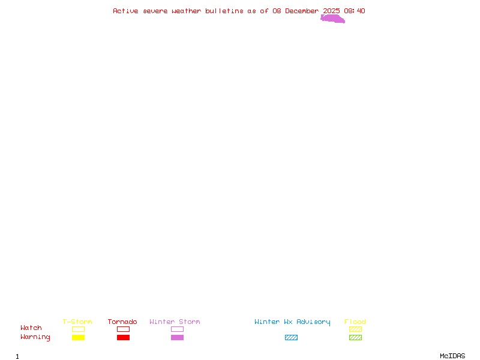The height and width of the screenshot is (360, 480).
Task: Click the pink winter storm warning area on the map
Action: point(332,19)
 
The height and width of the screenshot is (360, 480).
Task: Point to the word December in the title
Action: point(302,11)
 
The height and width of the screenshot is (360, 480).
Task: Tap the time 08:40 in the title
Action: point(355,11)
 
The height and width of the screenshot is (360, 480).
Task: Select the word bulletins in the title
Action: point(224,11)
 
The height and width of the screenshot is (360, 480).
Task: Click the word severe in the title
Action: point(155,11)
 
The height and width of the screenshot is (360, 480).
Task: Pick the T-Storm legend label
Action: point(77,322)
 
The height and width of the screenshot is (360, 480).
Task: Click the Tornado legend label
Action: point(122,322)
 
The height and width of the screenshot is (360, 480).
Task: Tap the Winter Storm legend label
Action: point(175,322)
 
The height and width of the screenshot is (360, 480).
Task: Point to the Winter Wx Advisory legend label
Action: point(292,322)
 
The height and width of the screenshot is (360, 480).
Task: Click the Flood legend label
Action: point(355,322)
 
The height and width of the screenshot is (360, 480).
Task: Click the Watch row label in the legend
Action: point(31,328)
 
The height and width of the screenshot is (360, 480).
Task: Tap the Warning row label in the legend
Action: point(35,337)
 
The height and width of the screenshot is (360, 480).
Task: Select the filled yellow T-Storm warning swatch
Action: point(78,338)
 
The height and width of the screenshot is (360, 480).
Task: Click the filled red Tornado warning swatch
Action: point(123,338)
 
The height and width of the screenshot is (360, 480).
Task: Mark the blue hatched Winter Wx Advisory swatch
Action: point(291,338)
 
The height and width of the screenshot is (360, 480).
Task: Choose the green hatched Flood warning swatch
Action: point(355,338)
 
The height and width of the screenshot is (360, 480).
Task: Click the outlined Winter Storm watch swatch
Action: point(177,329)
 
